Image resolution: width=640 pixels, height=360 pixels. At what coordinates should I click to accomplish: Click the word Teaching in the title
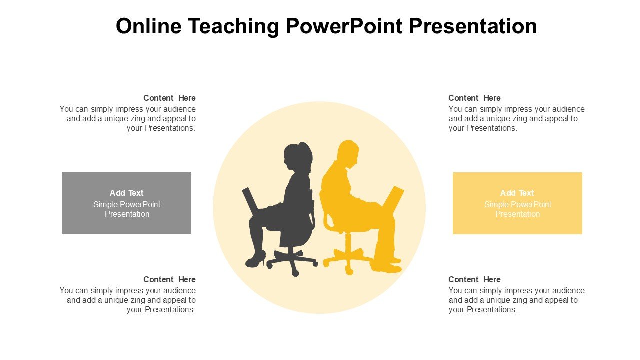(x=233, y=26)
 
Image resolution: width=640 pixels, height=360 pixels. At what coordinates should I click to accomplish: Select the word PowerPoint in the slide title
(x=344, y=26)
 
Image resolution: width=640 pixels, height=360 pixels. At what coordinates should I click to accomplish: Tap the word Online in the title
(x=148, y=26)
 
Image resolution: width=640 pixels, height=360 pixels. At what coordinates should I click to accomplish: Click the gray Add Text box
(x=126, y=203)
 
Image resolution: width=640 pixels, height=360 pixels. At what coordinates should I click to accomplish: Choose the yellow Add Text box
(x=517, y=203)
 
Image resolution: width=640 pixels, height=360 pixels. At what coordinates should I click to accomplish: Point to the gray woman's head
(x=298, y=156)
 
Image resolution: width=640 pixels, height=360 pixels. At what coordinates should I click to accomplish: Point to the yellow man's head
(x=348, y=154)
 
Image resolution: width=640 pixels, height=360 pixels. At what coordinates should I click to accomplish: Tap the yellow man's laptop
(x=393, y=200)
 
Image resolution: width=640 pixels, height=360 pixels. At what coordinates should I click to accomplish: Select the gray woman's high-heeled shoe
(x=255, y=260)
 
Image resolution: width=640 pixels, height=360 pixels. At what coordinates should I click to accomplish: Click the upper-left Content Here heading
(x=169, y=98)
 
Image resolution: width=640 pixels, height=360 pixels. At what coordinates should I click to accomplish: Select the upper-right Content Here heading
(x=474, y=98)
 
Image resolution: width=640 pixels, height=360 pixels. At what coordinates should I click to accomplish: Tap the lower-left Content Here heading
(x=169, y=279)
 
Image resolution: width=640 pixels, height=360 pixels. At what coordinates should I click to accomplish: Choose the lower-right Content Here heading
(x=474, y=279)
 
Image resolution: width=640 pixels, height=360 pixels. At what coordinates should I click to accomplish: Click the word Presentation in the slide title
(x=473, y=26)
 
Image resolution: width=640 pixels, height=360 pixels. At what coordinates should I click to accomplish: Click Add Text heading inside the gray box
(x=126, y=193)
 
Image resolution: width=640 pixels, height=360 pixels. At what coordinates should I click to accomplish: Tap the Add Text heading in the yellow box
(x=517, y=193)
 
